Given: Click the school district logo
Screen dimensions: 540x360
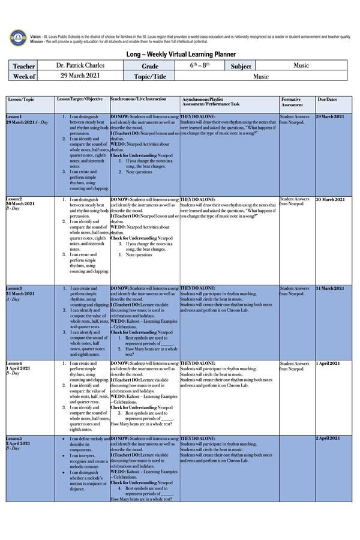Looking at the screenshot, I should click(17, 38).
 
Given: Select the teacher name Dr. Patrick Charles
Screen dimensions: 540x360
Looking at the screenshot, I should click(80, 65).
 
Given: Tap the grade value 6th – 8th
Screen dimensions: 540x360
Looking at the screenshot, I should click(200, 65).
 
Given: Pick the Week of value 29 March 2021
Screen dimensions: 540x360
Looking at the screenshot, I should click(80, 76).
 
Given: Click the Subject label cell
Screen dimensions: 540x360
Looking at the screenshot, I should click(241, 66).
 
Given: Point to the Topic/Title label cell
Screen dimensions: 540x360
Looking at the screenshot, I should click(149, 76).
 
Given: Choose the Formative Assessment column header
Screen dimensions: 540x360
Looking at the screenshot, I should click(293, 101).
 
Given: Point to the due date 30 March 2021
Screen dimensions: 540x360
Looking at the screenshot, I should click(331, 199).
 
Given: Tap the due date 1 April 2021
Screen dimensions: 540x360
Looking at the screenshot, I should click(328, 364).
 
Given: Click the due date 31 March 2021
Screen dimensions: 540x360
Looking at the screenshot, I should click(331, 289).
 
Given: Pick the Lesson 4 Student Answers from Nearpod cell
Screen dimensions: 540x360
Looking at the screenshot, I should click(295, 366).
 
